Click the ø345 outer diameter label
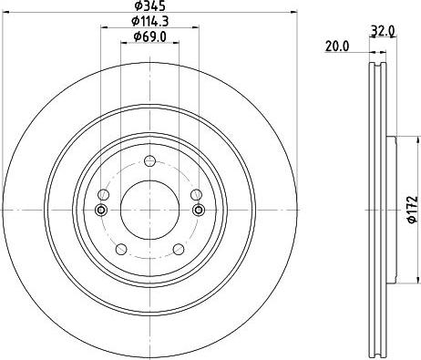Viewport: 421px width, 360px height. pos(148,8)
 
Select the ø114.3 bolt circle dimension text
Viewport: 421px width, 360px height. pos(148,22)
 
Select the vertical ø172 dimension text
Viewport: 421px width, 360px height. pos(411,210)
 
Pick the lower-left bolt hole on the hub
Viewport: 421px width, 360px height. pos(120,249)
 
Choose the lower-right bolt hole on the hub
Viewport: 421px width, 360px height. pos(176,249)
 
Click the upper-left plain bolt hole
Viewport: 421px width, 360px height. pos(104,196)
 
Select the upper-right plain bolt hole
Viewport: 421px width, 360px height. pos(192,196)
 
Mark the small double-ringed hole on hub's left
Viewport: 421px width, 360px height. pos(100,211)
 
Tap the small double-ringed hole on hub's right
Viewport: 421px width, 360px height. pos(195,211)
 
